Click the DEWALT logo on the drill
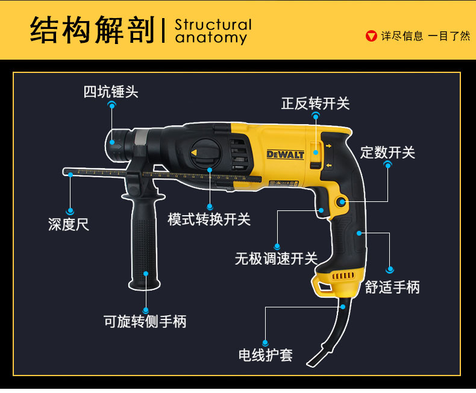[x=285, y=154]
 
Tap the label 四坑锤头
[x=111, y=92]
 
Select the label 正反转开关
[x=315, y=103]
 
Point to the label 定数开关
[x=387, y=152]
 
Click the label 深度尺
[x=69, y=225]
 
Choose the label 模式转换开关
[x=209, y=219]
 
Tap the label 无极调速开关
[x=276, y=259]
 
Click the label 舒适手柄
[x=392, y=287]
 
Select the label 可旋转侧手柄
[x=145, y=321]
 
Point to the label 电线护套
[x=266, y=355]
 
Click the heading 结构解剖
[x=93, y=31]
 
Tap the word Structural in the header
[x=213, y=25]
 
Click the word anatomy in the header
[x=211, y=38]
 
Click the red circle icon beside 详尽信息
[x=372, y=36]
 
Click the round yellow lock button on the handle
[x=342, y=203]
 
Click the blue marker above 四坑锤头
[x=111, y=105]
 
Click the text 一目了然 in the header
[x=449, y=36]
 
